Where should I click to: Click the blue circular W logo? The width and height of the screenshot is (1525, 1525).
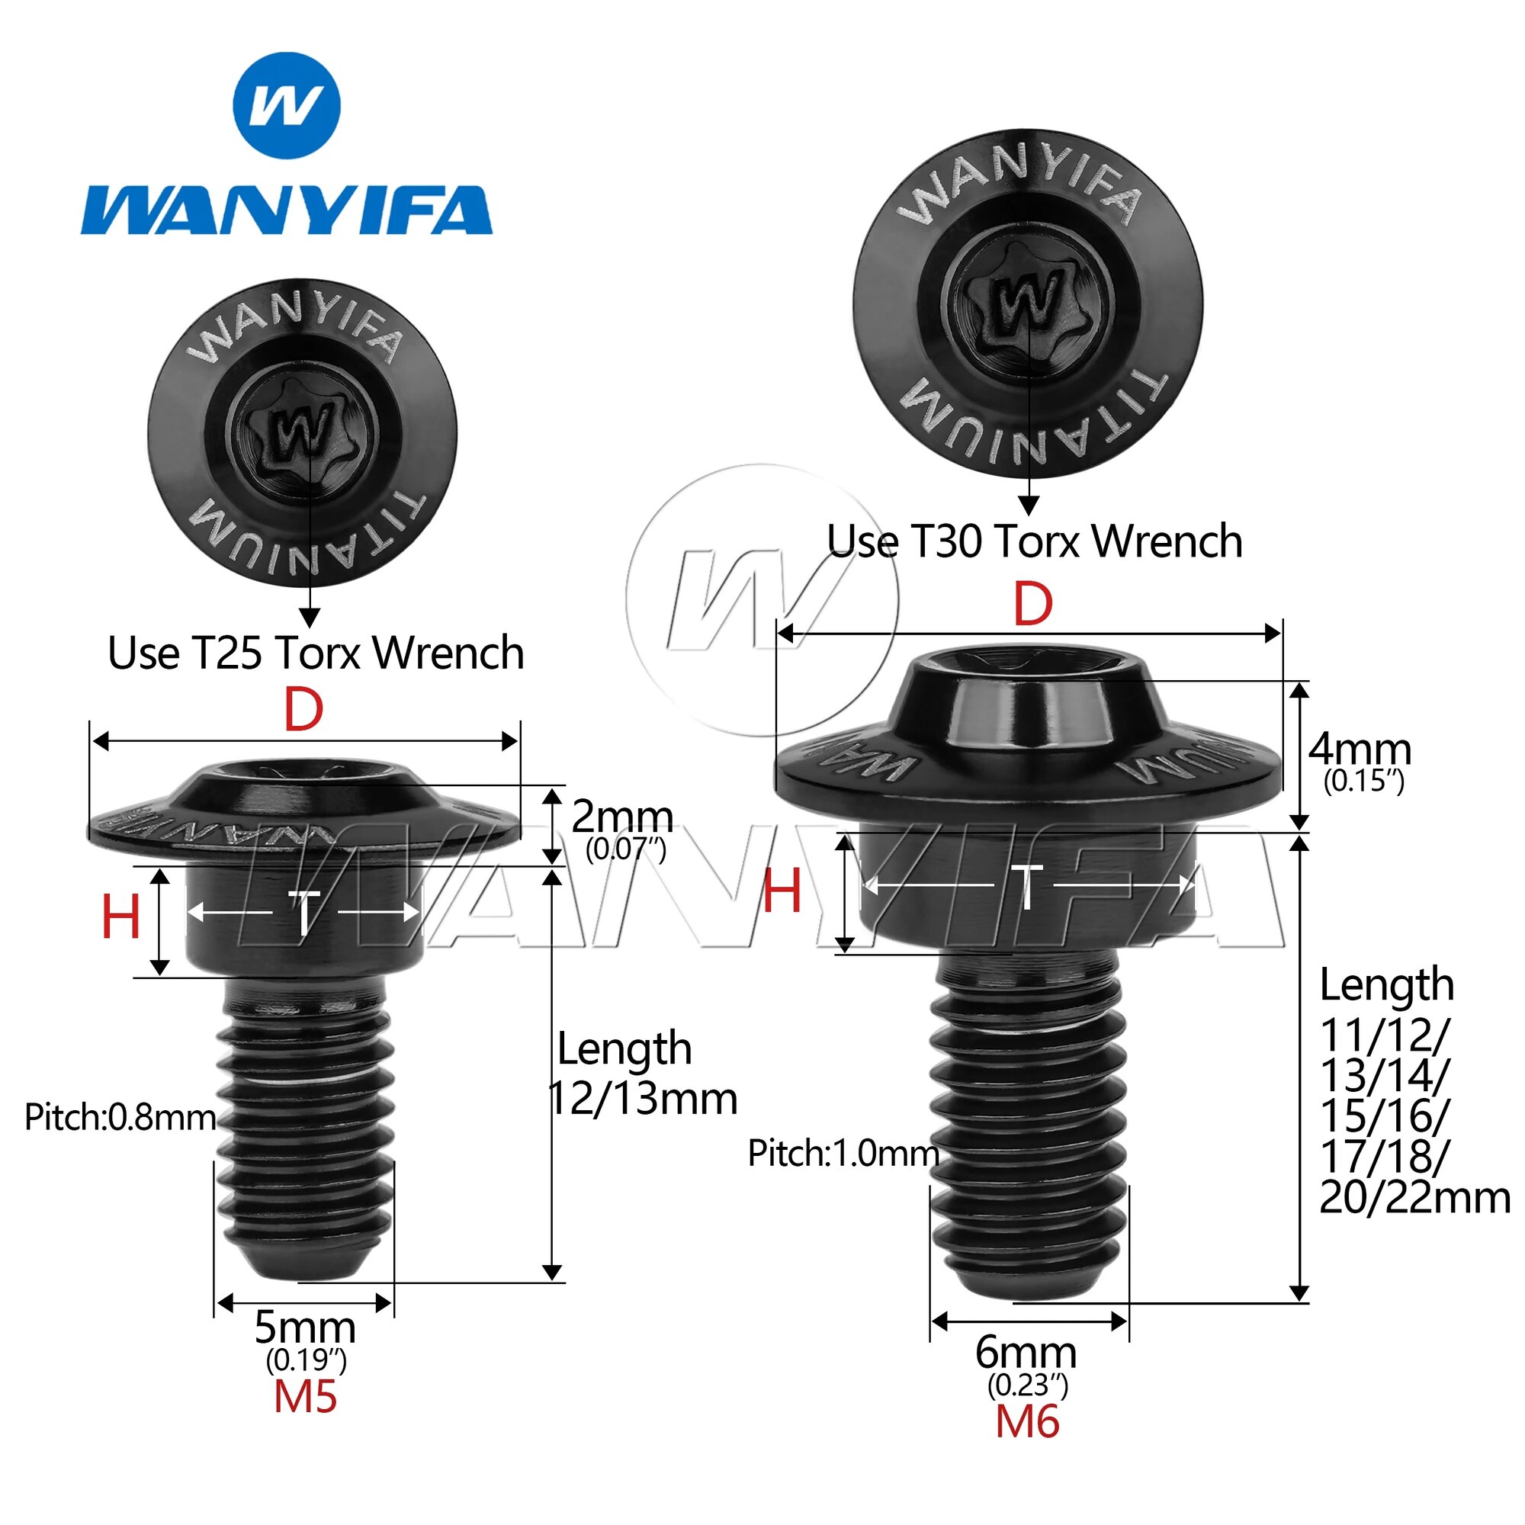pyautogui.click(x=287, y=105)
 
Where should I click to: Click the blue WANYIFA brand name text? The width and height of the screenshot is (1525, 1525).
pyautogui.click(x=287, y=210)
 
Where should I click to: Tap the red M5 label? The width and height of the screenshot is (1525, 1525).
pyautogui.click(x=306, y=1397)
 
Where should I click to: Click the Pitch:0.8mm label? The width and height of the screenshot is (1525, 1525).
pyautogui.click(x=120, y=1118)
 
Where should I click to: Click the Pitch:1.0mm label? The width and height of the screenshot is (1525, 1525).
pyautogui.click(x=843, y=1154)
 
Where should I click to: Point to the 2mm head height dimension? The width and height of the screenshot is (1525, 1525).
pyautogui.click(x=622, y=817)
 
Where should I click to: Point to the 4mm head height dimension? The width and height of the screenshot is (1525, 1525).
pyautogui.click(x=1360, y=748)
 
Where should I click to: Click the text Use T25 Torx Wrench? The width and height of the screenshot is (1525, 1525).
pyautogui.click(x=316, y=653)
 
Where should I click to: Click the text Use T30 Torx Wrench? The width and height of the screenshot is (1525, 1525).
pyautogui.click(x=1035, y=541)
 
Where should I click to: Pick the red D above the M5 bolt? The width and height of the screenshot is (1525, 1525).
pyautogui.click(x=304, y=711)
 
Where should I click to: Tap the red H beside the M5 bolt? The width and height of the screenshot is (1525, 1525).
pyautogui.click(x=120, y=918)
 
